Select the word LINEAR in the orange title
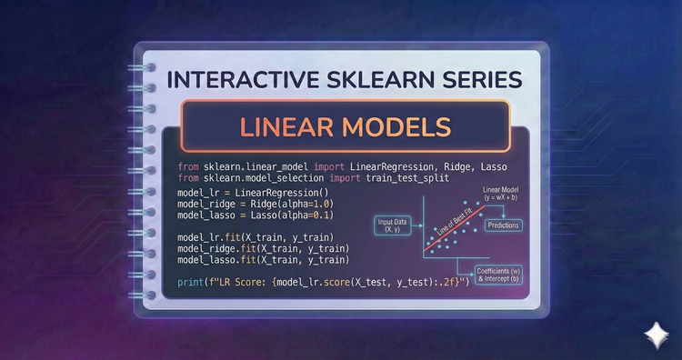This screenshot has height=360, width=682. (276, 126)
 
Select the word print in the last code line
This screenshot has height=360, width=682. (192, 282)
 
